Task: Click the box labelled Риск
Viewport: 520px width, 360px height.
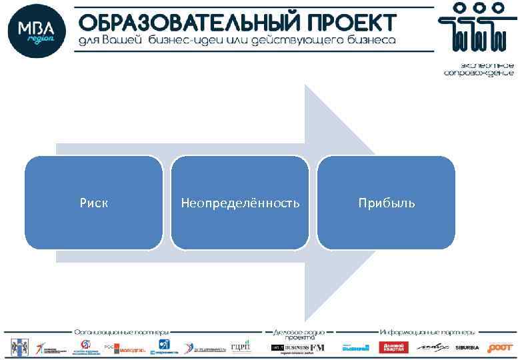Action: [x=93, y=203]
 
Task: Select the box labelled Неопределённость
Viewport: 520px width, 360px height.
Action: [x=240, y=203]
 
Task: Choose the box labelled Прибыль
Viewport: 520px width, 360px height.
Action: [x=386, y=203]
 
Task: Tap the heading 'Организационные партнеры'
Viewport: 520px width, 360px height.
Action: [x=121, y=331]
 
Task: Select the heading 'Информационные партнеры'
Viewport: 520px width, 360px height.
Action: [x=427, y=331]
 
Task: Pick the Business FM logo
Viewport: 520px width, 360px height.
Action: [x=297, y=347]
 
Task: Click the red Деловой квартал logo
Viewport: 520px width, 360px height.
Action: [x=393, y=347]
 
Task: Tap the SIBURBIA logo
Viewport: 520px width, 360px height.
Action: [x=467, y=347]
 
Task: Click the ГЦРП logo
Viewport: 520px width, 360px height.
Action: [x=240, y=347]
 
